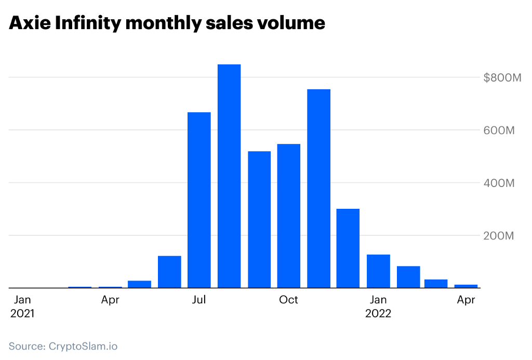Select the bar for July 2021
click(199, 199)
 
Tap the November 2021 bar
click(318, 188)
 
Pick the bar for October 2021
click(289, 216)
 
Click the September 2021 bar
click(259, 219)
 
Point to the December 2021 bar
click(348, 248)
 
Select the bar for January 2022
click(378, 271)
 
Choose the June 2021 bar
click(169, 272)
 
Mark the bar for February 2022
click(408, 277)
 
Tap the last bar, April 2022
click(466, 286)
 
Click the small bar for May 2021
click(139, 284)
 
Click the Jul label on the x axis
click(199, 300)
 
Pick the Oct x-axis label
click(288, 300)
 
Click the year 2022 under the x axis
click(378, 314)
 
